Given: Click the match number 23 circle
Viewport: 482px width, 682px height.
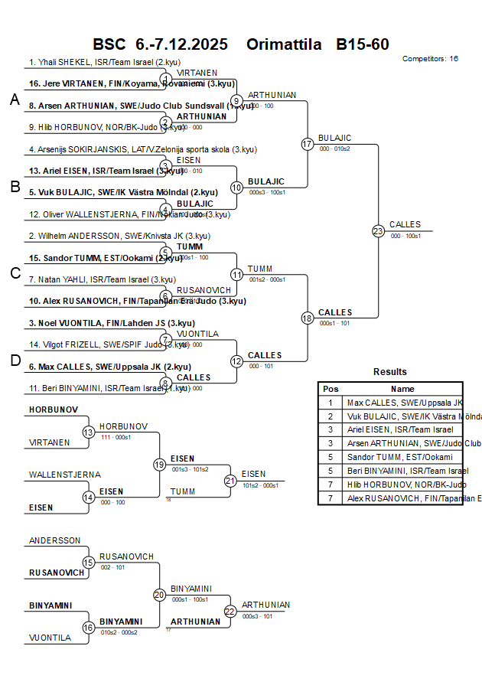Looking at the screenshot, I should (x=378, y=230).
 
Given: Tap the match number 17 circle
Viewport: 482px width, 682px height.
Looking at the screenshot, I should (x=308, y=144).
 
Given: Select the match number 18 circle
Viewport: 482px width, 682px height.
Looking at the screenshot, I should (x=308, y=318).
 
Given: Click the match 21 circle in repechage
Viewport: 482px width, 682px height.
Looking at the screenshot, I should (x=230, y=481).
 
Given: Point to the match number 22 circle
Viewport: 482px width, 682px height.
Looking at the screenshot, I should (x=230, y=611).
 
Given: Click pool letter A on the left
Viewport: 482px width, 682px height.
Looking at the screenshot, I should (x=15, y=100).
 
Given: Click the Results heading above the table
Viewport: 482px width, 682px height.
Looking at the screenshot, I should (x=390, y=372).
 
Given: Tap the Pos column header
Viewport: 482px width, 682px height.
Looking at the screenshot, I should (x=331, y=389).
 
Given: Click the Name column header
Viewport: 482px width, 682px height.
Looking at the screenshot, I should (x=402, y=389).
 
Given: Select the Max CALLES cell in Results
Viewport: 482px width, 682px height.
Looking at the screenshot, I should (x=404, y=403).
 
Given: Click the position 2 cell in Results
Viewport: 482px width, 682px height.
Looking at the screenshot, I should (x=331, y=416).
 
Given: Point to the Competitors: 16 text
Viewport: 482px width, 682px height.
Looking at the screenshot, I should (x=430, y=59).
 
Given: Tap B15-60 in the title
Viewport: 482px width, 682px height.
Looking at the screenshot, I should (x=363, y=44).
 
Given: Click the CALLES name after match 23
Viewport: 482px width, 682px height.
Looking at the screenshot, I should (x=405, y=224).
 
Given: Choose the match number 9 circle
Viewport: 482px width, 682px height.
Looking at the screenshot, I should (x=236, y=100).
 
